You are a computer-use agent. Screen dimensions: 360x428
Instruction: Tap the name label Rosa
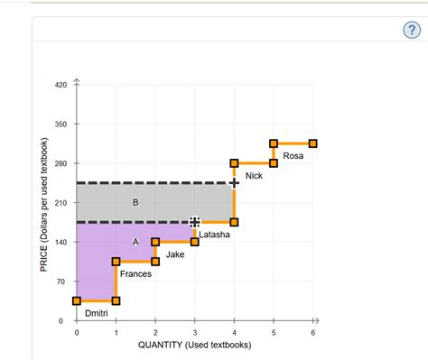[293, 156]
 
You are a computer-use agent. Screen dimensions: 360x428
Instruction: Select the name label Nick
[254, 176]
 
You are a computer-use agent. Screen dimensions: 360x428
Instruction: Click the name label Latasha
[214, 235]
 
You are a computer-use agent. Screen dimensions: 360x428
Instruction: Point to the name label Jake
[175, 255]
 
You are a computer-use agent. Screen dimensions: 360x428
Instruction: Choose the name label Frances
[135, 273]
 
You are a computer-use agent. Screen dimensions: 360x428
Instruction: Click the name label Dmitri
[96, 312]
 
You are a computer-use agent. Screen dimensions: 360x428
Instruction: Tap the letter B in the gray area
[135, 202]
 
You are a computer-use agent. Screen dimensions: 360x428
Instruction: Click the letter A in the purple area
[135, 242]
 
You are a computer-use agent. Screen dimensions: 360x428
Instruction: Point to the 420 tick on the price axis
[61, 84]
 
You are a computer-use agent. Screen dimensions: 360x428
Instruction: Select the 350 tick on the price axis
[61, 124]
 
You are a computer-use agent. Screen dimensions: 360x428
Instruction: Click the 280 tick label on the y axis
[61, 163]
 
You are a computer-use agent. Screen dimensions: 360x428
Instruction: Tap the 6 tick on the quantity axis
[312, 333]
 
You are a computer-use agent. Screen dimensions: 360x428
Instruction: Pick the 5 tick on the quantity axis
[274, 333]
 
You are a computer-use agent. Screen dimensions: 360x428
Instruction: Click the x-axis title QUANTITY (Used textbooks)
[194, 346]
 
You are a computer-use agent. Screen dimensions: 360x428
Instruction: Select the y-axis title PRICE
[43, 203]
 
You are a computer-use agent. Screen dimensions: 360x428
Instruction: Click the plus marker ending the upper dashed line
[234, 183]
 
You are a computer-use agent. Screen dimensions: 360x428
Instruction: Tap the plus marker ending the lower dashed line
[195, 222]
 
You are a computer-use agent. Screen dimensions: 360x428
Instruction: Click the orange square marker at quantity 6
[312, 143]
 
